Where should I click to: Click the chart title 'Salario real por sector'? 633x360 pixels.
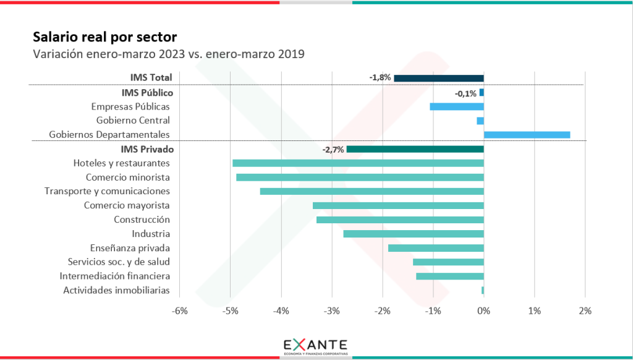click(x=104, y=36)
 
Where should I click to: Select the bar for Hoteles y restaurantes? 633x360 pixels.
click(x=358, y=163)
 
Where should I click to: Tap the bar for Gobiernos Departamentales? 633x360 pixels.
click(x=527, y=135)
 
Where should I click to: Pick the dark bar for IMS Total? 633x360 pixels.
click(x=439, y=78)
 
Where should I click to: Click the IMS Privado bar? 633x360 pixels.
click(x=415, y=149)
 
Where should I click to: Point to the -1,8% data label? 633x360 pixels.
click(x=380, y=78)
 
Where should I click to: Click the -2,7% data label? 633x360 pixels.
click(x=333, y=150)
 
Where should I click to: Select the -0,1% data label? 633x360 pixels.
click(x=465, y=93)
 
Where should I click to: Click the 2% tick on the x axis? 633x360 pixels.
click(x=585, y=311)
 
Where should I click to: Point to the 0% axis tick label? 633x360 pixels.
click(x=483, y=311)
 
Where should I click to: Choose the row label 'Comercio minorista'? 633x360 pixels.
click(x=128, y=178)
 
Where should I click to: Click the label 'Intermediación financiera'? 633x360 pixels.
click(x=115, y=276)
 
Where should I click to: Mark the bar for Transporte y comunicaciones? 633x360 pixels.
click(x=372, y=192)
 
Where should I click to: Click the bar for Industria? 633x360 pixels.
click(x=414, y=234)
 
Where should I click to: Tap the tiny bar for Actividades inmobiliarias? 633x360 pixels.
click(x=483, y=290)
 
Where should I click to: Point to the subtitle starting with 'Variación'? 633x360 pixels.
click(x=169, y=54)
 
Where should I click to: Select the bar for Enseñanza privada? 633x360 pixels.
click(x=436, y=248)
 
